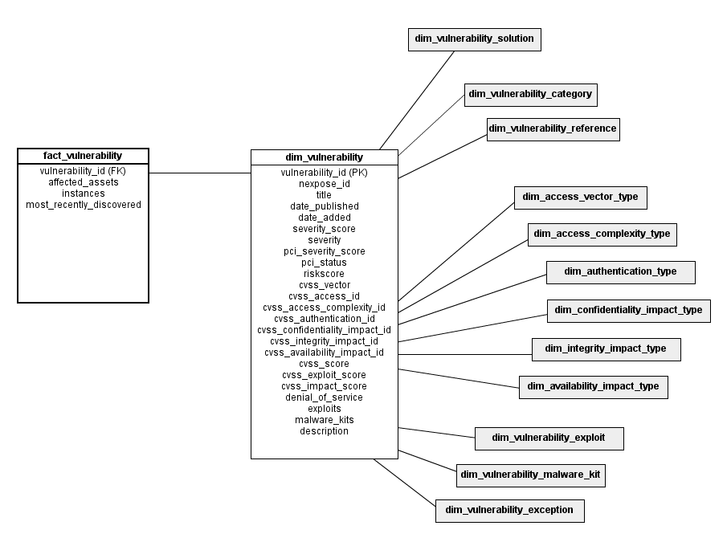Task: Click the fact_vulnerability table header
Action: click(x=83, y=156)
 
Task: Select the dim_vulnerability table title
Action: click(x=324, y=157)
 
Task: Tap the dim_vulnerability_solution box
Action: click(x=474, y=39)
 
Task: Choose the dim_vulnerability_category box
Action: click(x=530, y=95)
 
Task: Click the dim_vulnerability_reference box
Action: click(x=553, y=129)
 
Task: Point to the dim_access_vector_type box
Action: click(x=581, y=198)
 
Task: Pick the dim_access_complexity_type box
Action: click(x=602, y=234)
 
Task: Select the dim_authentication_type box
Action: click(x=620, y=272)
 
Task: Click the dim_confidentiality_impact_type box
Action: click(x=629, y=311)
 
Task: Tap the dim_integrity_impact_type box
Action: click(x=606, y=349)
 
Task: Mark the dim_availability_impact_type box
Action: click(x=593, y=387)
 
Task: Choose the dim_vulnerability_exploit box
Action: click(x=549, y=439)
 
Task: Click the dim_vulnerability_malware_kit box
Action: click(x=530, y=475)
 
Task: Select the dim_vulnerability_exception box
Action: click(x=509, y=511)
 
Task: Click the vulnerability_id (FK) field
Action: click(x=83, y=171)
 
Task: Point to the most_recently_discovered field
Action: click(x=84, y=205)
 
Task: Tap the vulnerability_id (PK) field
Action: click(x=324, y=173)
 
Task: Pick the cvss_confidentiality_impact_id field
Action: click(x=324, y=330)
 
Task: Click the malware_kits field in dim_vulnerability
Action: click(x=324, y=420)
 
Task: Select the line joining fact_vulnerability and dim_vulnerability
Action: click(x=200, y=173)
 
